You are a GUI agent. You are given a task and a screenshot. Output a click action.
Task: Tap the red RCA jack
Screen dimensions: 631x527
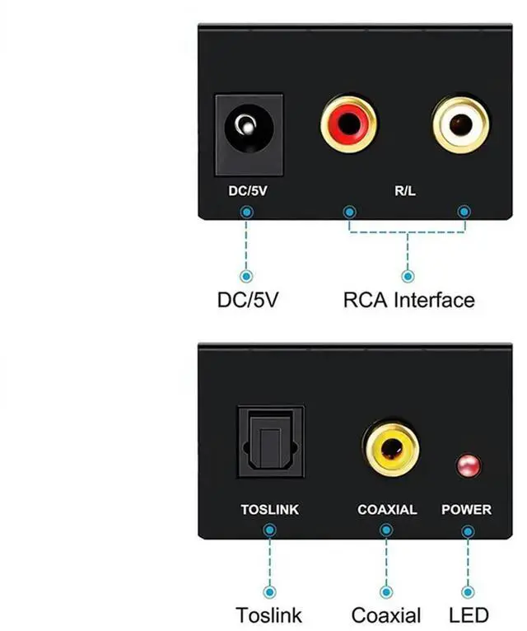(349, 125)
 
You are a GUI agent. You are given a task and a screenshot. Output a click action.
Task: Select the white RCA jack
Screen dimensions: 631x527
(460, 125)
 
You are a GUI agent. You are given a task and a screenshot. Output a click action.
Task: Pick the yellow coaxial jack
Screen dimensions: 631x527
(390, 449)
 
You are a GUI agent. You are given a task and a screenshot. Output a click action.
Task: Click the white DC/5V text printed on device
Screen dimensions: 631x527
(247, 192)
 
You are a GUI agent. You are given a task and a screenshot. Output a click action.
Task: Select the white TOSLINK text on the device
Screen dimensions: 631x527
(269, 509)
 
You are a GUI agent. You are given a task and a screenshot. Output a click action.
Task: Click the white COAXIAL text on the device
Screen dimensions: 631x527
(387, 509)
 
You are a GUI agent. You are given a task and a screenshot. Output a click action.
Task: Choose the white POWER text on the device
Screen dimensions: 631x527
(466, 509)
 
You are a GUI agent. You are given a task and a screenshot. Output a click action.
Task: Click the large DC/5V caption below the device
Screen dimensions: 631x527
(248, 299)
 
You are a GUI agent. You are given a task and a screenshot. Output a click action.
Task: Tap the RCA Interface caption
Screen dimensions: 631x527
(408, 299)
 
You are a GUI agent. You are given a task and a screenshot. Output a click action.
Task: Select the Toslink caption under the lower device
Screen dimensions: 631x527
(268, 615)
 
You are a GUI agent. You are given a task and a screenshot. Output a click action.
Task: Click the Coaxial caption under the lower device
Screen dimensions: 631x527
(386, 615)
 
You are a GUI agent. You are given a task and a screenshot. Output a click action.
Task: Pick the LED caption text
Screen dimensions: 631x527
(469, 615)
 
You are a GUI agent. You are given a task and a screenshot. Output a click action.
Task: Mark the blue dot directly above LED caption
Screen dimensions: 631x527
(469, 591)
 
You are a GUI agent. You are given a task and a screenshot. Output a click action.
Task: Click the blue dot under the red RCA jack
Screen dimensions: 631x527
(350, 212)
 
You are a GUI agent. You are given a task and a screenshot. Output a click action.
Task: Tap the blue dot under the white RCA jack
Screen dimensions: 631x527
(464, 212)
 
